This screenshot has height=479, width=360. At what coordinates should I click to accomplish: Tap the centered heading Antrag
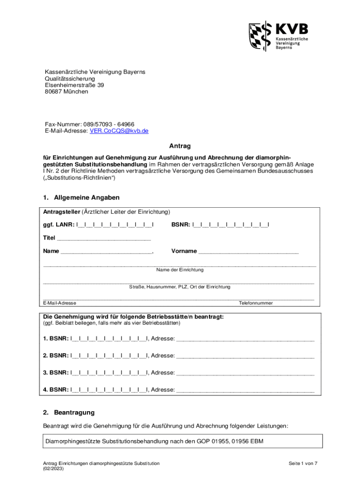click(180, 146)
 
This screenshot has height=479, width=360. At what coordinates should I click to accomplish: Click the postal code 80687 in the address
click(53, 92)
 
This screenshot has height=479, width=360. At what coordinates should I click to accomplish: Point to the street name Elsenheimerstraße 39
click(74, 85)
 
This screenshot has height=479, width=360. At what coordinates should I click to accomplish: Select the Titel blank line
click(104, 238)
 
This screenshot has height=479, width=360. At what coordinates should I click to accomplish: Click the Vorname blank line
click(248, 251)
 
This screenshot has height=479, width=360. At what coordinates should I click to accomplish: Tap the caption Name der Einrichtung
click(180, 270)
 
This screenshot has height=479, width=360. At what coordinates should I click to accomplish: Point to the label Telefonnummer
click(256, 303)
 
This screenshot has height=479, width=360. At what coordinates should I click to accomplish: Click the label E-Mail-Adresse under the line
click(60, 303)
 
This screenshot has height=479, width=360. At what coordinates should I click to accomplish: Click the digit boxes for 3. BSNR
click(108, 373)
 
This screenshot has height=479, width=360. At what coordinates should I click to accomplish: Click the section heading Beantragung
click(74, 413)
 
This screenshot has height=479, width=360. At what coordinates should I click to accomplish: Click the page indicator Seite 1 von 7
click(303, 463)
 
